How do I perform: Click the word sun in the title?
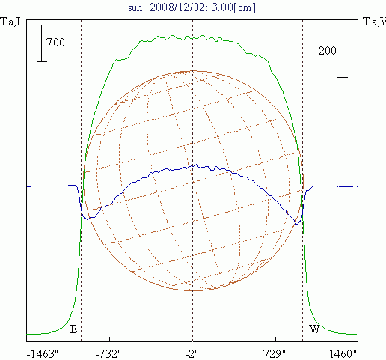pos(136,8)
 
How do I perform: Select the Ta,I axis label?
pos(10,22)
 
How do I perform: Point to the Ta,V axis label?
pos(374,22)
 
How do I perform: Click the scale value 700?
pos(55,43)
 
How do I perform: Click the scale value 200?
pos(328,51)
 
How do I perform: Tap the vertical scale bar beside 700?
pos(42,43)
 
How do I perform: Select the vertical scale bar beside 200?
pos(343,51)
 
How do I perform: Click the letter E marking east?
pos(73,329)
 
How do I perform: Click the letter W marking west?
pos(314,329)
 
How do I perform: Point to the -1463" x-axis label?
pos(42,354)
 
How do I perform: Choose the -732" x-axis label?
pos(108,354)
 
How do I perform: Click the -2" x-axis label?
pos(192,354)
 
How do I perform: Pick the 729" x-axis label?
pos(275,354)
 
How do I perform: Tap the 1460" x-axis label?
pos(343,354)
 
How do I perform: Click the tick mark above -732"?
pos(110,339)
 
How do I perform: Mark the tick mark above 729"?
pos(275,339)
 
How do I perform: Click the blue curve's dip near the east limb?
pos(88,219)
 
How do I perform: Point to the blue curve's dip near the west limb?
pos(296,224)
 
